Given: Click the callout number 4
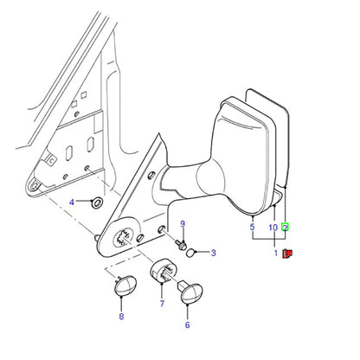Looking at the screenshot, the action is click(72, 202).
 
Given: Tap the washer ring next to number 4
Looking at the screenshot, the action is click(97, 202).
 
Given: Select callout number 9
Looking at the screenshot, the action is click(183, 224).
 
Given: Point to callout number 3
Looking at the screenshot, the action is click(213, 253).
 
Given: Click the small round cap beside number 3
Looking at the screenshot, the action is click(190, 253).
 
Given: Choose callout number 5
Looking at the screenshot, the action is click(253, 227).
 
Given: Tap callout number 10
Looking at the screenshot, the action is click(273, 228).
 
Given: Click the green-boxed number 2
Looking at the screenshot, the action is click(285, 228).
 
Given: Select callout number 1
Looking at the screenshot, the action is click(276, 253).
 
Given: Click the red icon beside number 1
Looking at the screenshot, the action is click(287, 254).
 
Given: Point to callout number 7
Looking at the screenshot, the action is click(162, 303).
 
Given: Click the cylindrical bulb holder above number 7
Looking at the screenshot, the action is click(163, 272).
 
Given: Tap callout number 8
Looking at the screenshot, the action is click(121, 316).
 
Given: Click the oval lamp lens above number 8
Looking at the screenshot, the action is click(125, 286).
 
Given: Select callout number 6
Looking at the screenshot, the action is click(188, 325).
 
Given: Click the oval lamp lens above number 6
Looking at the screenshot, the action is click(191, 292).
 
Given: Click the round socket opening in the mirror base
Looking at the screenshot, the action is click(125, 237).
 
